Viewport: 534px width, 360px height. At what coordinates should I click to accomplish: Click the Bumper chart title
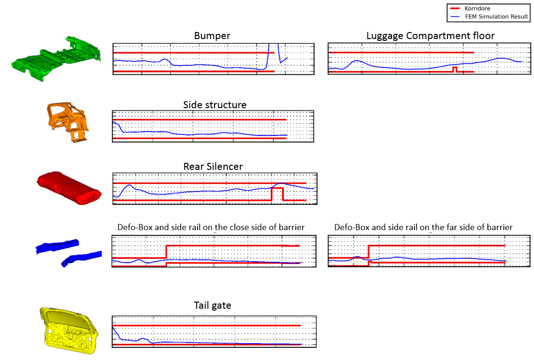[212, 36]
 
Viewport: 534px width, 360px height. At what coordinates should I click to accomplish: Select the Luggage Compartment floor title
[430, 36]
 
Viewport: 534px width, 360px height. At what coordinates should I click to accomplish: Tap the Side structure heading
[215, 104]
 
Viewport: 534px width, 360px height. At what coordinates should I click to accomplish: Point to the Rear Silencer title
[213, 167]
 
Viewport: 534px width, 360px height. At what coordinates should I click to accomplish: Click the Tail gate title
[213, 305]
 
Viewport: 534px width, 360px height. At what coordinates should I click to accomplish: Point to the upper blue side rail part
[57, 245]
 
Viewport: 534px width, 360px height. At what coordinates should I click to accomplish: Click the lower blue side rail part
[81, 258]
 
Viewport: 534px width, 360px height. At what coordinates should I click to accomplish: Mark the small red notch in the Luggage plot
[454, 69]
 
